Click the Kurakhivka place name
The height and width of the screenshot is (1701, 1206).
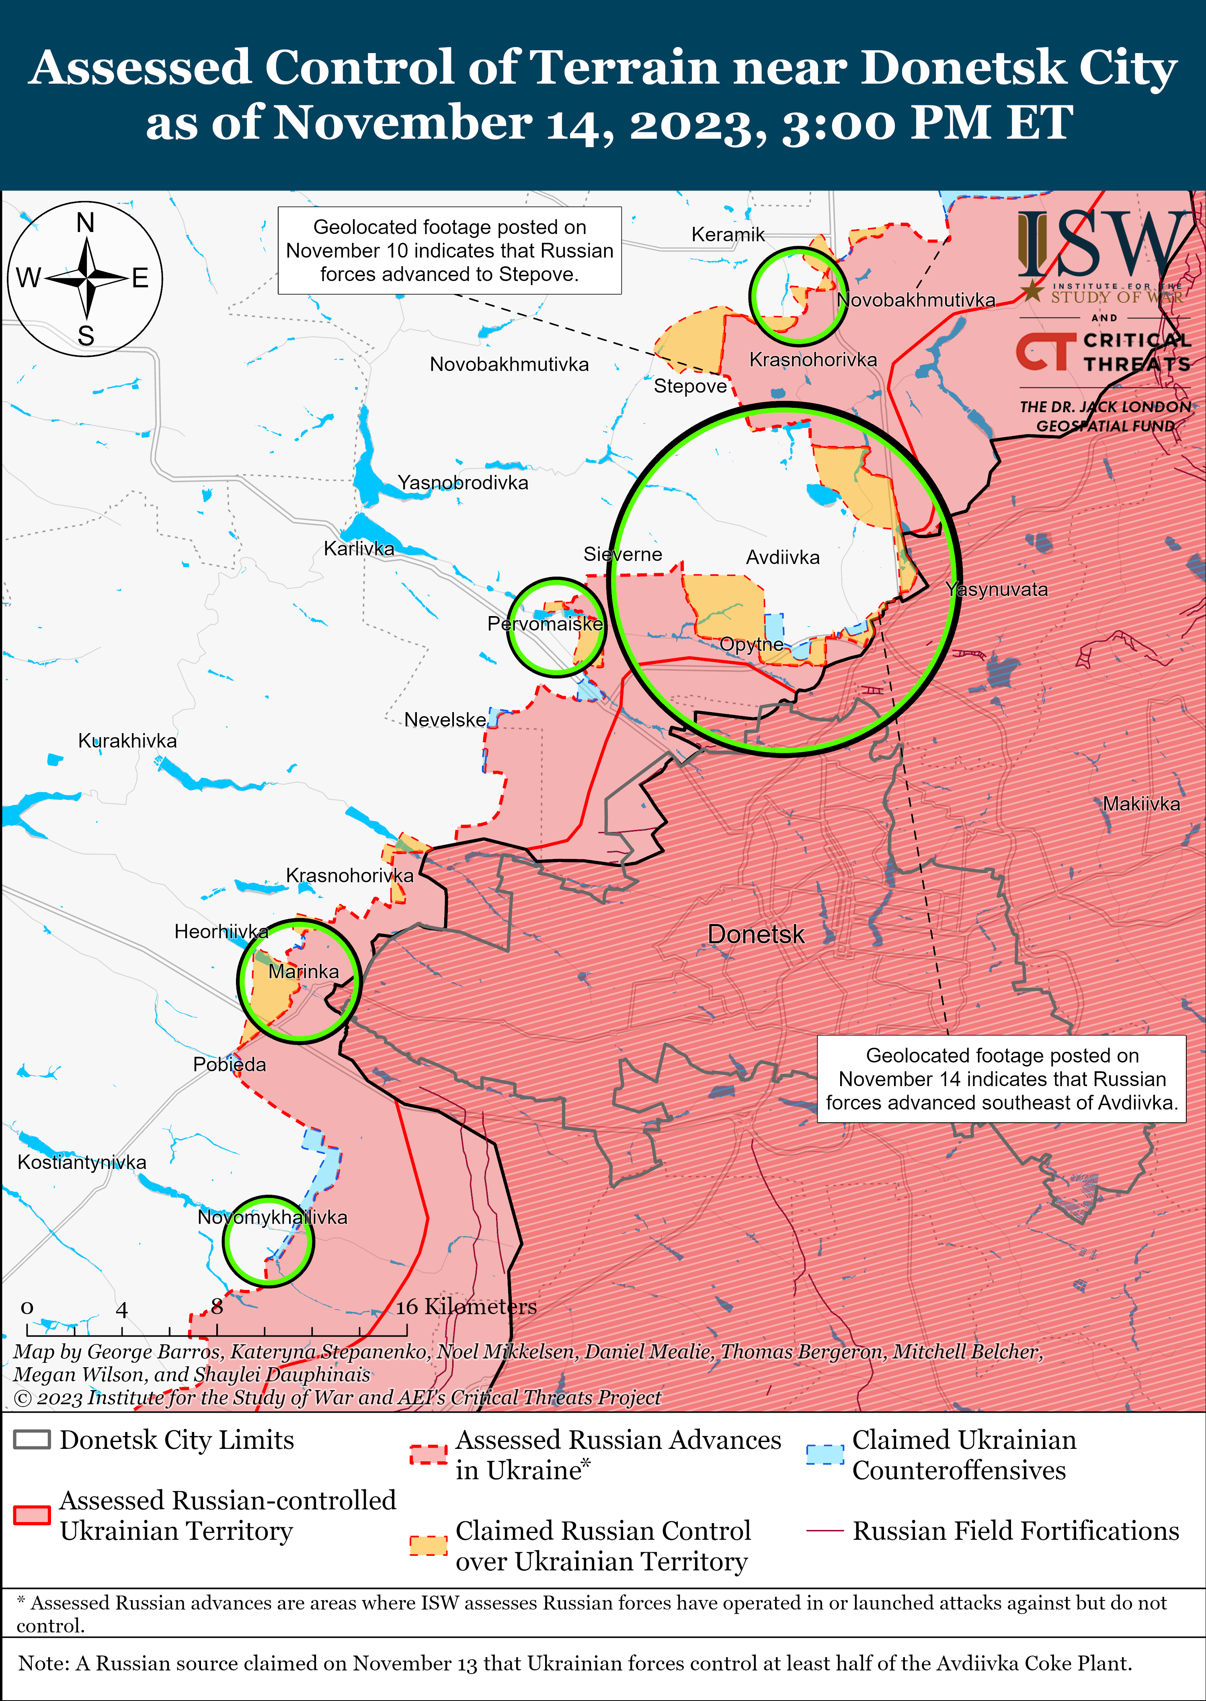[x=128, y=741]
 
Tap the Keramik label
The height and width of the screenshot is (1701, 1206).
[x=728, y=235]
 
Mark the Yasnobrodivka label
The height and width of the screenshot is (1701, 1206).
[x=463, y=483]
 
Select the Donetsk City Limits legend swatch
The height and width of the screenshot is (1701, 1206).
[x=32, y=1440]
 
